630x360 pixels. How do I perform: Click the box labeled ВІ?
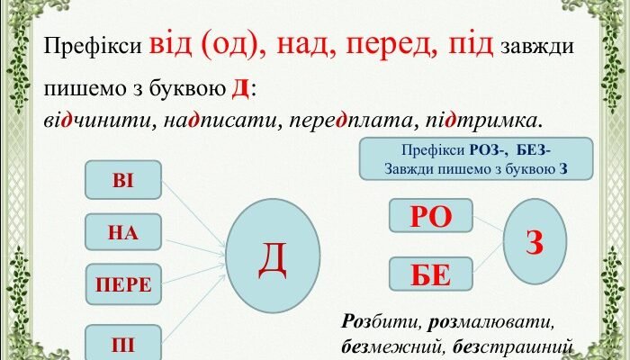[122, 180]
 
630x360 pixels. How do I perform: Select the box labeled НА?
[122, 232]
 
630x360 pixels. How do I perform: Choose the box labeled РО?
[430, 217]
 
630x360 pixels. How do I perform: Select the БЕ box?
[430, 274]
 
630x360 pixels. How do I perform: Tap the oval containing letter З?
[535, 240]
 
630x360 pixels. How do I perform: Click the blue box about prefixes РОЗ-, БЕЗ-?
[476, 158]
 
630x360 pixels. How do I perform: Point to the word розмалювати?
[486, 321]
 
